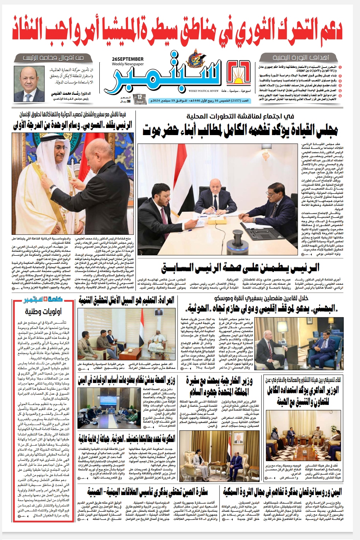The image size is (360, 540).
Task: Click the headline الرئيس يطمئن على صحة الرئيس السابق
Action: tap(240, 268)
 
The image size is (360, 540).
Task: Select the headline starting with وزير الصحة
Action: tap(127, 380)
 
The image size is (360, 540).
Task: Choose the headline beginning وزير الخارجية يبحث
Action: tap(219, 386)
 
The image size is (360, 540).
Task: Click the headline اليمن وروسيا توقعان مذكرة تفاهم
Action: tap(283, 492)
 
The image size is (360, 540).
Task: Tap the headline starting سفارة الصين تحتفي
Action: tap(147, 492)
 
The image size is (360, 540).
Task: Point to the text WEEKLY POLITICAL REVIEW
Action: tap(204, 91)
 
